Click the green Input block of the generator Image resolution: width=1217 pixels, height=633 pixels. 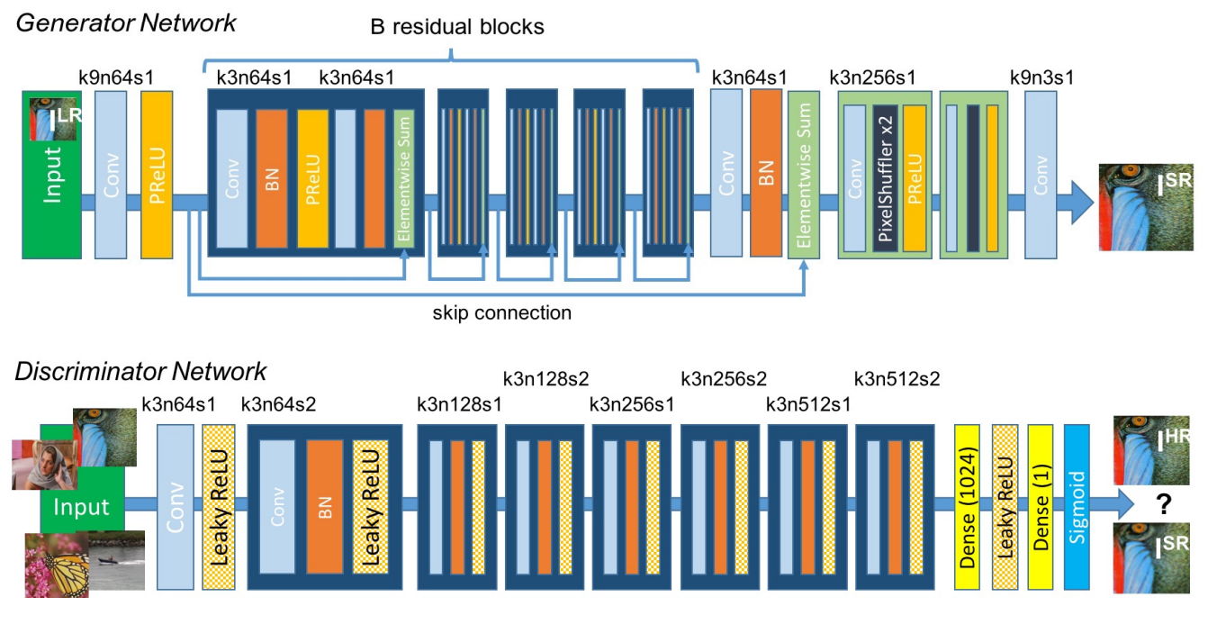[52, 180]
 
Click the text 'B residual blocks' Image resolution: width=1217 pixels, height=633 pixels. [457, 27]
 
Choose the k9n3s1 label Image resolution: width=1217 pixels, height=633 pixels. [1042, 77]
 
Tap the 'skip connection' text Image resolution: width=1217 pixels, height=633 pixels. [502, 313]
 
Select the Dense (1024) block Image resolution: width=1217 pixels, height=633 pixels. [969, 508]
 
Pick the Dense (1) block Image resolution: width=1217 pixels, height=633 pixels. [1041, 508]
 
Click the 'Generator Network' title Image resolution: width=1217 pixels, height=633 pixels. [126, 23]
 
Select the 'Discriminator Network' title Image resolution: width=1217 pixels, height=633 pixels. [140, 371]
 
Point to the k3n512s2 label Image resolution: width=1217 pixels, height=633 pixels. [897, 379]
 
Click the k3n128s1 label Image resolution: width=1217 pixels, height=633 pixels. [459, 404]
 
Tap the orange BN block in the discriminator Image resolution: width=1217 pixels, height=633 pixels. [323, 508]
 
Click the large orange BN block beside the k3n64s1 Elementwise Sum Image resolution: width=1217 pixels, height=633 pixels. [767, 173]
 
